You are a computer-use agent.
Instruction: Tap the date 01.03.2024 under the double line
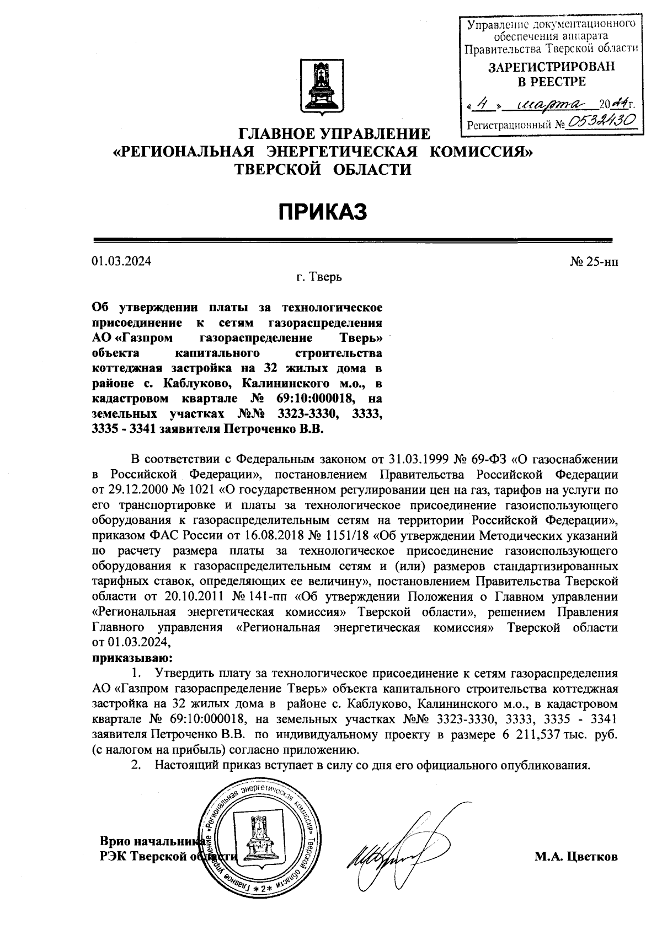point(121,261)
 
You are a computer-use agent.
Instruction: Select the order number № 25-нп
point(594,261)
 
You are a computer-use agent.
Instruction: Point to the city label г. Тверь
point(318,277)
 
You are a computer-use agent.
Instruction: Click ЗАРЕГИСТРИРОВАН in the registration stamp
point(551,67)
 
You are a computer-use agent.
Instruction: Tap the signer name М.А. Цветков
point(576,857)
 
